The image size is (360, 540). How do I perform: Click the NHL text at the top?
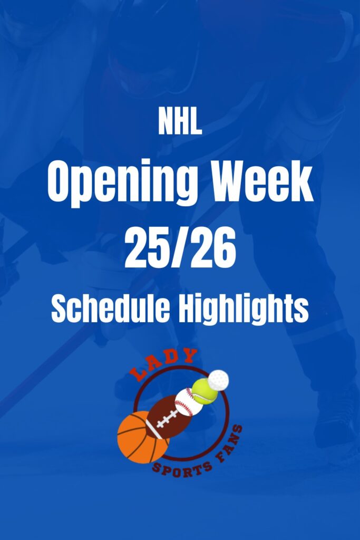pos(180,122)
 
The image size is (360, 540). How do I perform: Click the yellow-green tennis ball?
pos(204,391)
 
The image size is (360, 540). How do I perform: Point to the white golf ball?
pos(219,378)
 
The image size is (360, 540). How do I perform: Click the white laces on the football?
pos(168,418)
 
